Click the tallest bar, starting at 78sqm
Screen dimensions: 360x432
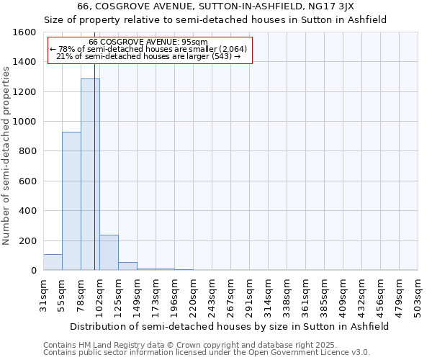tap(90, 174)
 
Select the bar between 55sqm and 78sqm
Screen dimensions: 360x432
tap(71, 201)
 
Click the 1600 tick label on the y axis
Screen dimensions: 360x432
tap(24, 32)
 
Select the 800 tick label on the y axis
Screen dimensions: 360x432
tap(27, 151)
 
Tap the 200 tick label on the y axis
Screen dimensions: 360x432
tap(27, 240)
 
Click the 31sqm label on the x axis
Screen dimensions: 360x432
tap(43, 296)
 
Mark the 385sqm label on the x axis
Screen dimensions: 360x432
tap(324, 296)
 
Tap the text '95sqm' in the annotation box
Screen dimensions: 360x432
tap(195, 42)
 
